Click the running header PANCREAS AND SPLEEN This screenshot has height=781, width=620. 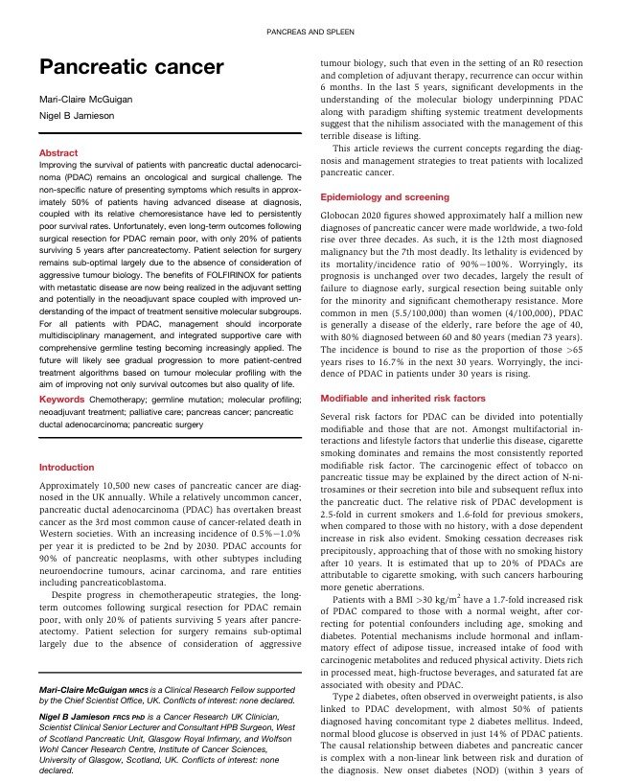click(x=310, y=34)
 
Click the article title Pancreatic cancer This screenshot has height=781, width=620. click(x=130, y=66)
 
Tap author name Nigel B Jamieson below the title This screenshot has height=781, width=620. click(x=75, y=116)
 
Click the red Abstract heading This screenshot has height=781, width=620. click(x=58, y=152)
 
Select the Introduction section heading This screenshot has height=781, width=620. click(x=66, y=468)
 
